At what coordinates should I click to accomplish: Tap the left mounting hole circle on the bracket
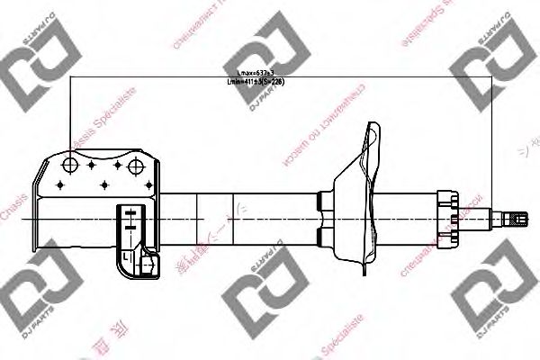click(x=71, y=164)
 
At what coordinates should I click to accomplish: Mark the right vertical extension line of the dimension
click(x=493, y=135)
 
